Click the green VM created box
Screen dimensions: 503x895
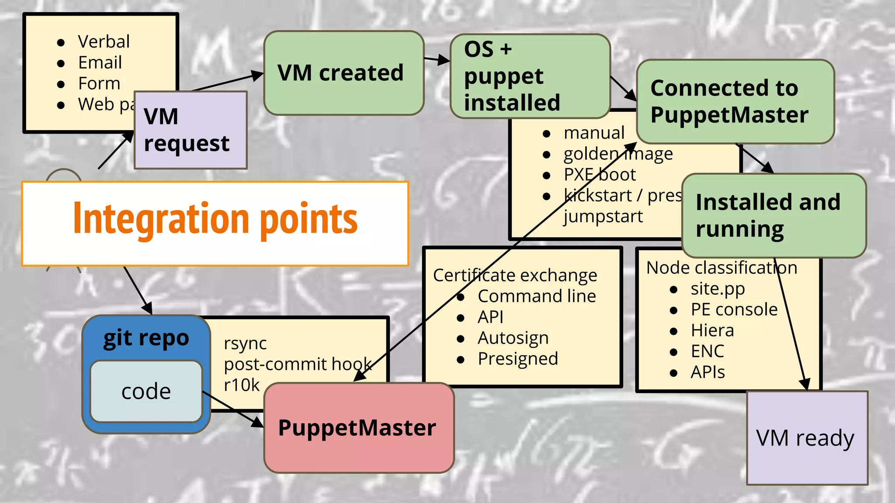343,73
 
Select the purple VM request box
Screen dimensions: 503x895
191,130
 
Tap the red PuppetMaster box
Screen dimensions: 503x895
358,428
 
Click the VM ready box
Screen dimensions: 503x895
807,438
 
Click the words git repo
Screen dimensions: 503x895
146,338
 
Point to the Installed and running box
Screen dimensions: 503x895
774,215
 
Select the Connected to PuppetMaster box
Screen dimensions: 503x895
735,101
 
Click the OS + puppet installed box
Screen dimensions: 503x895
530,76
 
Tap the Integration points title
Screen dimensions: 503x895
215,220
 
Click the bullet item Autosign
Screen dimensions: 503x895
513,338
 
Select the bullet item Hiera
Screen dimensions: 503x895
712,331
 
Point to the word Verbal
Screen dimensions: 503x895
104,41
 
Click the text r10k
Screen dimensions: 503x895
242,385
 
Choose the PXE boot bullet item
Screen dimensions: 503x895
599,175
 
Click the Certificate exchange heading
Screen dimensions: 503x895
515,276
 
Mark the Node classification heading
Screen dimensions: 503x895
721,268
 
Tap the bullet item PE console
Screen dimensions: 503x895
734,310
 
